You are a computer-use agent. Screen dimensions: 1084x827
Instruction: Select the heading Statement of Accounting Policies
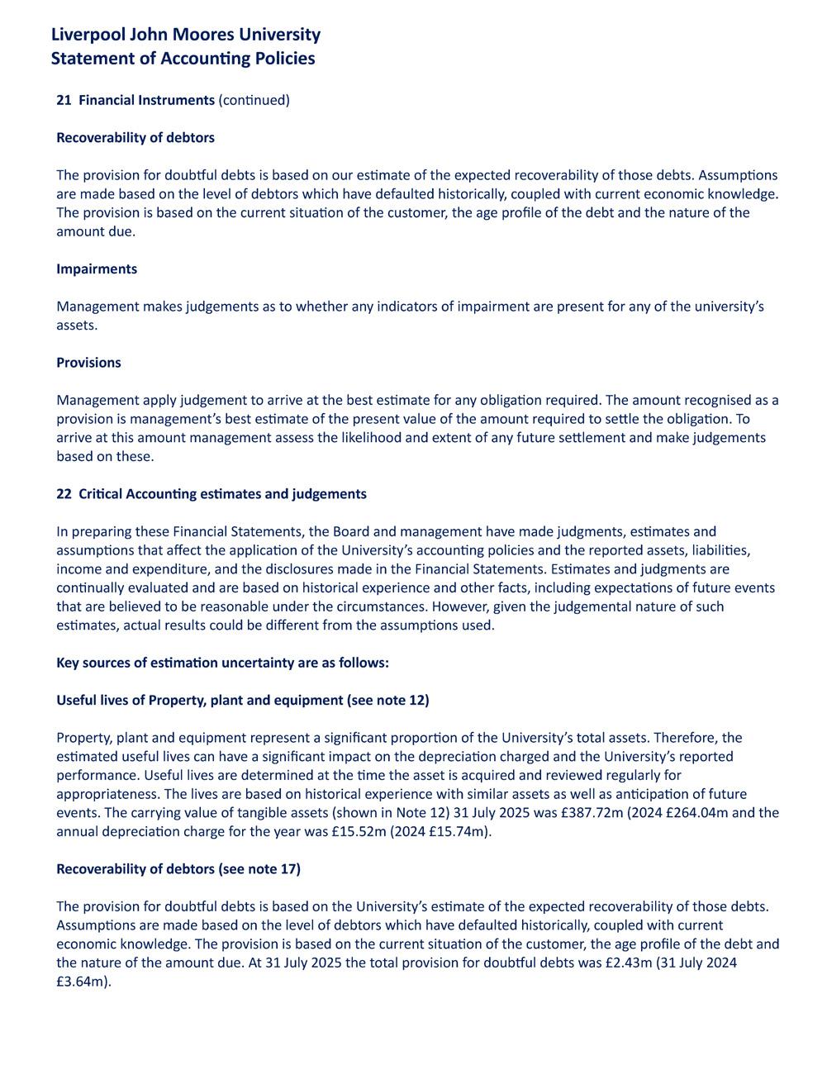click(183, 59)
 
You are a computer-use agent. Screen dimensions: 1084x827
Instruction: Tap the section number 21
click(64, 100)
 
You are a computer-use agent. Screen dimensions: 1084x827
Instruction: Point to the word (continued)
click(254, 100)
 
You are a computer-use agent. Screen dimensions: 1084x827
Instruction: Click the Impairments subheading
click(97, 269)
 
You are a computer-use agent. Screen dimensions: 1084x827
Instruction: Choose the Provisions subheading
click(88, 363)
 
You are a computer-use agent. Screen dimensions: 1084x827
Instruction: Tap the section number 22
click(64, 494)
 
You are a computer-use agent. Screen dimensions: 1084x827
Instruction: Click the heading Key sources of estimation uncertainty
click(222, 663)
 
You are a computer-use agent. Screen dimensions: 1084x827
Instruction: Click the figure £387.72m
click(587, 813)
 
